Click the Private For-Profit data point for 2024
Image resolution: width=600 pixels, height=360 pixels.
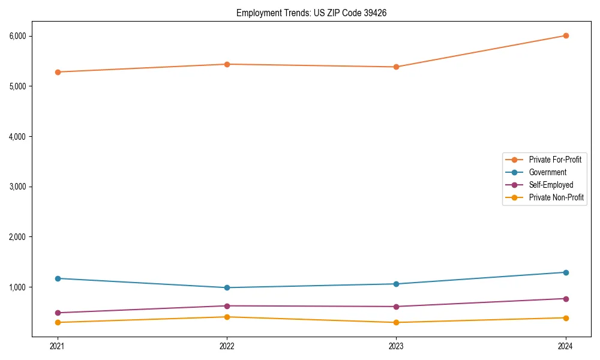[x=565, y=35]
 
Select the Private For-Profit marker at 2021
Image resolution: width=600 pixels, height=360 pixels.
[x=58, y=72]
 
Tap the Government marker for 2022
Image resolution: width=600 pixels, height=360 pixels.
[x=227, y=287]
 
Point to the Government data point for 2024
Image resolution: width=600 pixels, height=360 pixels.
[x=565, y=272]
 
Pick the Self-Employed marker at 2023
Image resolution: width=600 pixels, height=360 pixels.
[x=396, y=307]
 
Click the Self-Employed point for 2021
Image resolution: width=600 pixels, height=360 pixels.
[x=58, y=313]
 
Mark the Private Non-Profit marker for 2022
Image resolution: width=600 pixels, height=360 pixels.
[x=227, y=317]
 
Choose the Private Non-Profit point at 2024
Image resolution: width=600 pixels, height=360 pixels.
[x=565, y=318]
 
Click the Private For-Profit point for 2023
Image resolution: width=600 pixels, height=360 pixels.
[x=396, y=67]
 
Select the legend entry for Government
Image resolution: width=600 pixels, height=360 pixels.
[x=547, y=172]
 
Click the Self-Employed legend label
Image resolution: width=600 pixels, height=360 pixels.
[x=551, y=185]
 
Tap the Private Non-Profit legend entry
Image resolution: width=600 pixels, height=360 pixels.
[x=556, y=197]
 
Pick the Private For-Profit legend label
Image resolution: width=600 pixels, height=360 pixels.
[x=554, y=160]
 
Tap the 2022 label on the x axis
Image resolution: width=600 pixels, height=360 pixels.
[x=227, y=346]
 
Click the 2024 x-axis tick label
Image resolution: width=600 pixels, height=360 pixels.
[x=565, y=346]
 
